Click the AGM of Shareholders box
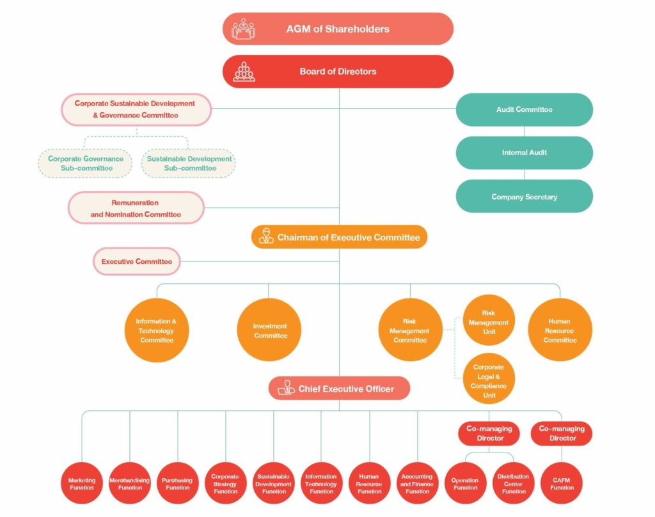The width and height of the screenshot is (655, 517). pyautogui.click(x=338, y=29)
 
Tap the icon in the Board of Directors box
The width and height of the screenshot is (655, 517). pyautogui.click(x=244, y=72)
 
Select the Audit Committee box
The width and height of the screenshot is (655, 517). pyautogui.click(x=525, y=109)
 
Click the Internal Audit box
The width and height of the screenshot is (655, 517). pyautogui.click(x=525, y=153)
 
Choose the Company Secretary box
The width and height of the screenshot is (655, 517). pyautogui.click(x=525, y=196)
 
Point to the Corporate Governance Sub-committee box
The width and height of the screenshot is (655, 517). pyautogui.click(x=85, y=164)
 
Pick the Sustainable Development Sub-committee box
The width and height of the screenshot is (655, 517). pyautogui.click(x=189, y=164)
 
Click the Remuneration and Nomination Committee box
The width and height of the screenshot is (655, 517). pyautogui.click(x=136, y=208)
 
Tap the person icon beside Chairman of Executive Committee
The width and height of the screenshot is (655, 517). pyautogui.click(x=266, y=236)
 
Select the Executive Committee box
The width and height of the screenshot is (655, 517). pyautogui.click(x=137, y=261)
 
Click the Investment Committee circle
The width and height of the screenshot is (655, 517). pyautogui.click(x=269, y=330)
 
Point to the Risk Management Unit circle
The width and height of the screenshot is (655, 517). pyautogui.click(x=489, y=320)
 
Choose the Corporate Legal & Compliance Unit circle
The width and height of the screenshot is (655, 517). pyautogui.click(x=489, y=379)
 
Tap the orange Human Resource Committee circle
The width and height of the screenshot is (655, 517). pyautogui.click(x=560, y=330)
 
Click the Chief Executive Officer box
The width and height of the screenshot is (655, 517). pyautogui.click(x=339, y=389)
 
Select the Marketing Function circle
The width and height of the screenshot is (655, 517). pyautogui.click(x=82, y=483)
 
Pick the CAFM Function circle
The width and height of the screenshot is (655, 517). pyautogui.click(x=562, y=483)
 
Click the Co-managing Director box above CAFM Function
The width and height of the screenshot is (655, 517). pyautogui.click(x=562, y=433)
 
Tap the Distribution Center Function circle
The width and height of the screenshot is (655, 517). pyautogui.click(x=514, y=483)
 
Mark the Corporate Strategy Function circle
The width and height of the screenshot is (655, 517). pyautogui.click(x=226, y=483)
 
